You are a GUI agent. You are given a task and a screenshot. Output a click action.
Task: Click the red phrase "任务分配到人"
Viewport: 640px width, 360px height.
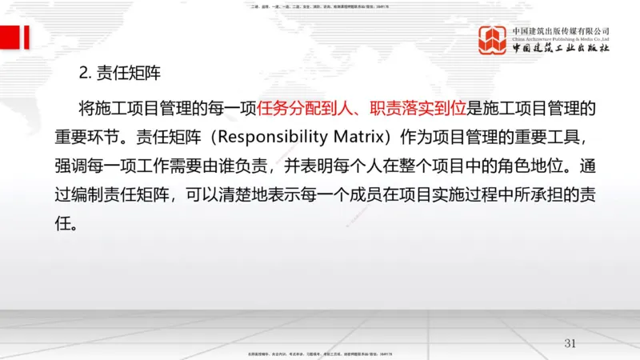pyautogui.click(x=298, y=108)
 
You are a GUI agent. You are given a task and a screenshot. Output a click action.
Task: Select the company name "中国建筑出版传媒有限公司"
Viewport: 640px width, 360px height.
pyautogui.click(x=566, y=30)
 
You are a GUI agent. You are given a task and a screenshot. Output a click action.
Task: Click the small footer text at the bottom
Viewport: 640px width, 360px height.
pyautogui.click(x=319, y=353)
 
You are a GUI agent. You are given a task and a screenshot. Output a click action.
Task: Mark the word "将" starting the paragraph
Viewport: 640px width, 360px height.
pyautogui.click(x=88, y=108)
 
